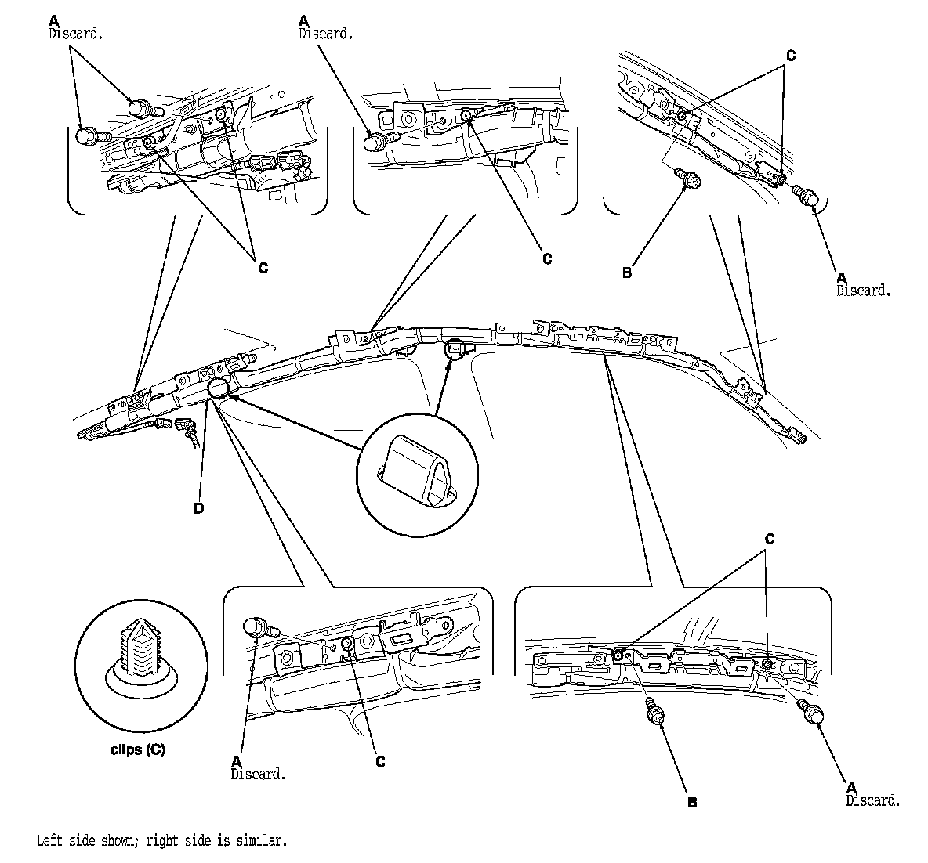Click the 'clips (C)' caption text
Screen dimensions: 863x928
pos(137,749)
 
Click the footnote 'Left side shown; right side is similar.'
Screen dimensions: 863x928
pos(162,842)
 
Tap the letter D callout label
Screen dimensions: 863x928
pos(198,509)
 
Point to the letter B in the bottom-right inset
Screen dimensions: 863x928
pos(691,803)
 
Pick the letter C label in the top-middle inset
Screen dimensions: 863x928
pos(547,258)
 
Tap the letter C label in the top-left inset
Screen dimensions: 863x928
pos(263,268)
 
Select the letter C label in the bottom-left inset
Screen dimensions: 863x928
pos(380,761)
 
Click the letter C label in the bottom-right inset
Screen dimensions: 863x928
pos(769,540)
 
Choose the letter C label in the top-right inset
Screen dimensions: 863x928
pos(790,56)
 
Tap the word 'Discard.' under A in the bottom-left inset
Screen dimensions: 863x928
pos(258,774)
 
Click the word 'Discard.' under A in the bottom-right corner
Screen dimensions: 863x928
pos(873,800)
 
